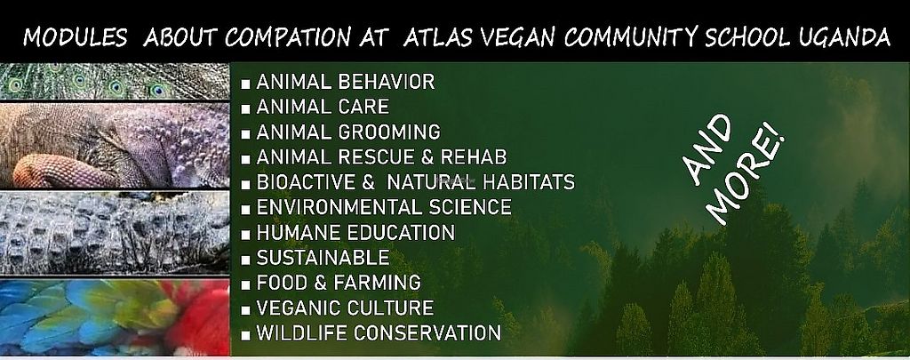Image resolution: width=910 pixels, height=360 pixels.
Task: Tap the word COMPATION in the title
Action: [x=287, y=38]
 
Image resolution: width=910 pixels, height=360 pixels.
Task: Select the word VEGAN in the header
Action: [x=519, y=38]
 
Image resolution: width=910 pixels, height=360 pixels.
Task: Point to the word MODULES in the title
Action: [x=75, y=38]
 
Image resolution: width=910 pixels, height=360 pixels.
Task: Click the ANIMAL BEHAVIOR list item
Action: [x=346, y=82]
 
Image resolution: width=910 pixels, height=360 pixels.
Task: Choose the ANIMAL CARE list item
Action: [x=323, y=107]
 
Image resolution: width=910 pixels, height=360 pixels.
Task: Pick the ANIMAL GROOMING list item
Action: [x=348, y=132]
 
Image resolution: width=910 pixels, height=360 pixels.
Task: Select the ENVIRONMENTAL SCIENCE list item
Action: [x=384, y=207]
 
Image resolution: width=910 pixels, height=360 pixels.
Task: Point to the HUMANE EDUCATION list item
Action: [x=355, y=233]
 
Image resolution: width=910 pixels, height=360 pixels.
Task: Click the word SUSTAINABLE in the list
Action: [x=323, y=257]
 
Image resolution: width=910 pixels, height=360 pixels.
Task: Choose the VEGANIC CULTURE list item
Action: [x=345, y=308]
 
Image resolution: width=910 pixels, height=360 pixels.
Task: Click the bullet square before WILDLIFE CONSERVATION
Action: [x=246, y=334]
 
